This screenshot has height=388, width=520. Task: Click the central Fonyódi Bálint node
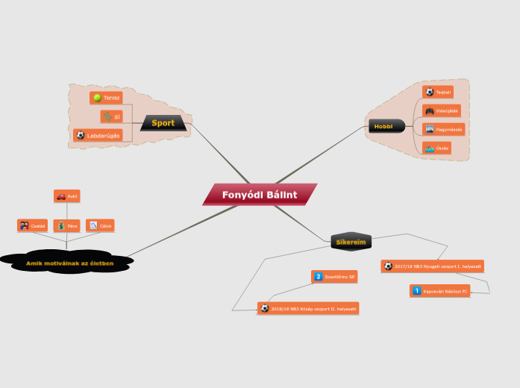tap(260, 195)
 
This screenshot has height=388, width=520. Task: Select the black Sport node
tap(163, 122)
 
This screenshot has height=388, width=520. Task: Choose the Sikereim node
tap(350, 242)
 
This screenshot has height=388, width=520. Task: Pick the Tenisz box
tap(107, 98)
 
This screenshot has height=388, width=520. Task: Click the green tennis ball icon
tap(98, 98)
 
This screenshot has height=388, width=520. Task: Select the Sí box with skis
tap(112, 116)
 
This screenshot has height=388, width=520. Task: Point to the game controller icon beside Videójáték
tap(430, 110)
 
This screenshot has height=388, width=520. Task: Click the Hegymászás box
tap(443, 129)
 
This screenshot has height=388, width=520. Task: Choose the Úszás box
tap(436, 148)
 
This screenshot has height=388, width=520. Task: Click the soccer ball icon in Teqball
tap(429, 92)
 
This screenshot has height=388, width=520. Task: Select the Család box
tap(33, 225)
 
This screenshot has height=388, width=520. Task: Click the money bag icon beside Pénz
tap(61, 225)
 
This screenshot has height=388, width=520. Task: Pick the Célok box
tap(100, 225)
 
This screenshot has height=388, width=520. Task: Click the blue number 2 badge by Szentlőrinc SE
tap(319, 277)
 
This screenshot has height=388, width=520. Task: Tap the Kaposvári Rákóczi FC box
tap(440, 291)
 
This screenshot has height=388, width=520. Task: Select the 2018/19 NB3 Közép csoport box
tap(308, 308)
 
